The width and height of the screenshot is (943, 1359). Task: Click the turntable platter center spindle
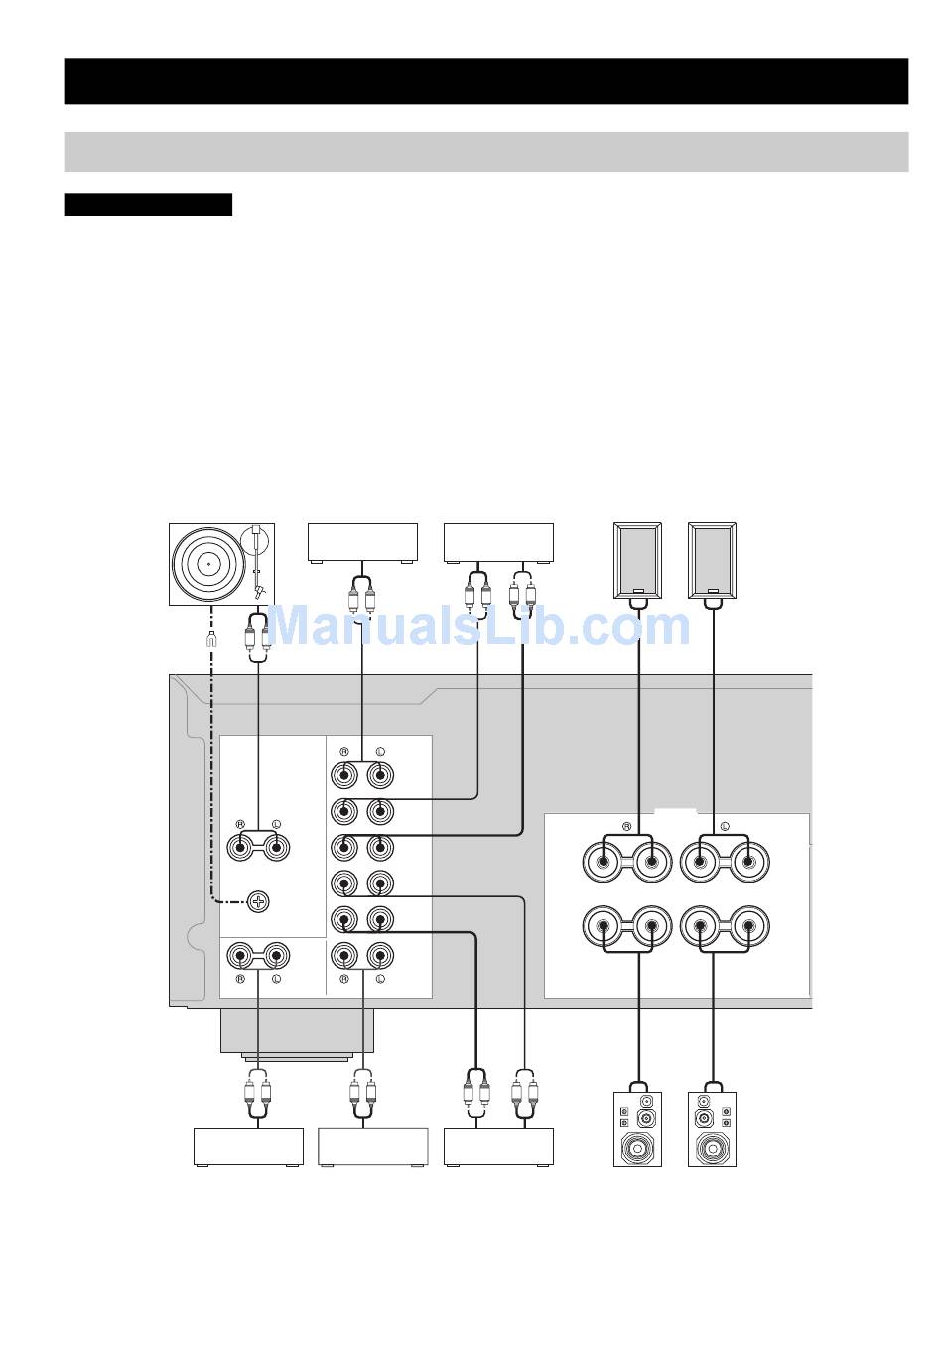209,562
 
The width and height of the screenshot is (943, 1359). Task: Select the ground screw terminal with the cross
258,901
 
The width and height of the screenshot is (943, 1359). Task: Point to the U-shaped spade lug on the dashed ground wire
210,640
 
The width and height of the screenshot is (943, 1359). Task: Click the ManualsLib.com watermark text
479,626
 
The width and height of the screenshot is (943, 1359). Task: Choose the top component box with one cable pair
362,542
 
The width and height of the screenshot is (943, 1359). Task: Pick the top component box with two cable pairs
498,542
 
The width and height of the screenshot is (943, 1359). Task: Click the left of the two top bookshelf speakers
637,560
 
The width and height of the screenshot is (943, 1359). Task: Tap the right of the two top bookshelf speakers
713,560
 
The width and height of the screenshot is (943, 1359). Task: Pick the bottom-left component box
247,1147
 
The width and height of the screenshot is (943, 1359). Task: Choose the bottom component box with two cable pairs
498,1147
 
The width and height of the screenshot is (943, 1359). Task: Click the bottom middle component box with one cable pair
372,1147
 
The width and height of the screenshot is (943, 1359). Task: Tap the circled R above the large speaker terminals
626,826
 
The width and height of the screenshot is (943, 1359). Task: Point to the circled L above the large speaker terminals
724,826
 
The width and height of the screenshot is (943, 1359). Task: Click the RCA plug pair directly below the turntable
258,638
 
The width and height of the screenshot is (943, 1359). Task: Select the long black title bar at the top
486,80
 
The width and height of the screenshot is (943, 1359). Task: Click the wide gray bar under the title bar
486,152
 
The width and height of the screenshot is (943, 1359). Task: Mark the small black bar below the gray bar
148,204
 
